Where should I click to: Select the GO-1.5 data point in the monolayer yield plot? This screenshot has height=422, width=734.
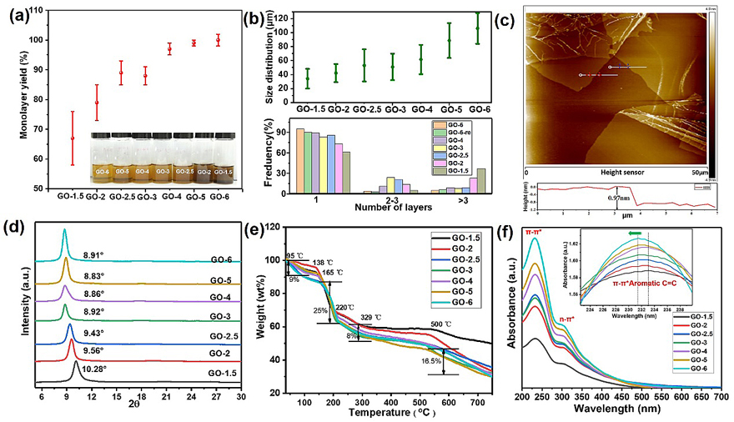point(73,138)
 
